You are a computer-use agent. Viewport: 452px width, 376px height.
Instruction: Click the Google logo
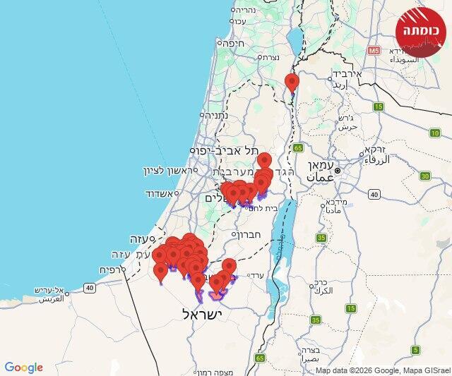tap(23, 368)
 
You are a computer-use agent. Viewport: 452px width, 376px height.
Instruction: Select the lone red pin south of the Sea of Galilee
tap(292, 83)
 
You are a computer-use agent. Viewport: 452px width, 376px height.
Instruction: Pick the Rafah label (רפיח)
tap(112, 269)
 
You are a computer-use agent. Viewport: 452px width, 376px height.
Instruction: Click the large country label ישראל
tap(203, 314)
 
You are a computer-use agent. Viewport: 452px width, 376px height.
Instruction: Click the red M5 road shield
tap(374, 51)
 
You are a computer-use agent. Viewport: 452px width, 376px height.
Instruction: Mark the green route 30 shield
tap(424, 176)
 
